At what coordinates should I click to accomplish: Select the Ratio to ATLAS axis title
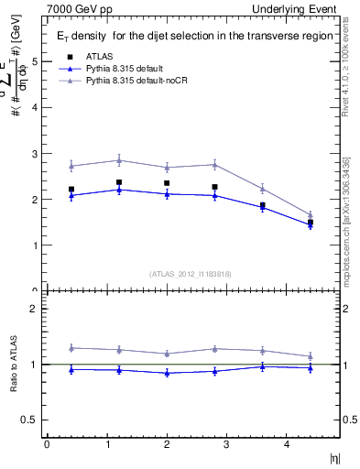click(13, 365)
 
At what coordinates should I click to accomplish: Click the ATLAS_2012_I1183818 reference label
click(190, 273)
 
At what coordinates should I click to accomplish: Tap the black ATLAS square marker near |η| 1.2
click(119, 182)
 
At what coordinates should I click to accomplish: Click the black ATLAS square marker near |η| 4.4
click(311, 223)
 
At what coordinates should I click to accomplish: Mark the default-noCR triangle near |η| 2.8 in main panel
click(214, 164)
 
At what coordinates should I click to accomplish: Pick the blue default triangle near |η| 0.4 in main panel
click(71, 195)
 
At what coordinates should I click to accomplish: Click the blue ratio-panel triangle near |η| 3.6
click(263, 366)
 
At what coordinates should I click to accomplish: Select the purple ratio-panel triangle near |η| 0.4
click(71, 347)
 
